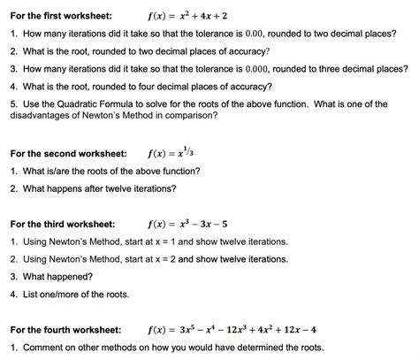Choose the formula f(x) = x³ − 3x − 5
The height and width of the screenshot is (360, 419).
pos(194,224)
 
